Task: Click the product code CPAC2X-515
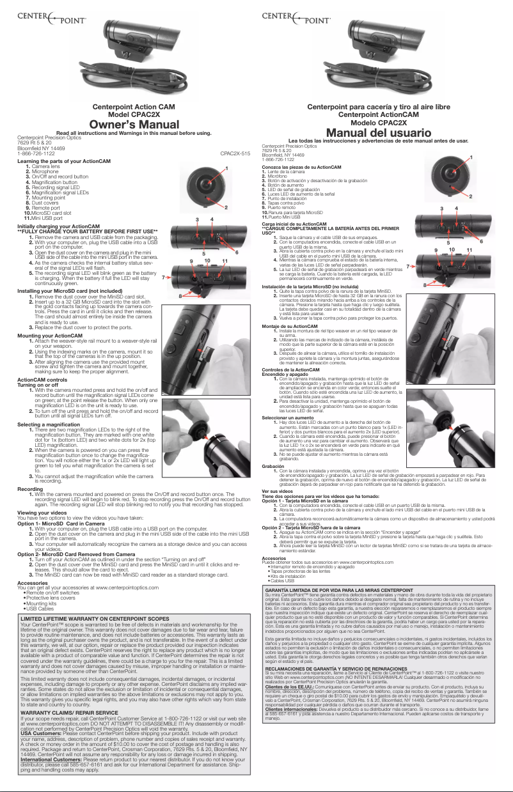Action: (234, 153)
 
